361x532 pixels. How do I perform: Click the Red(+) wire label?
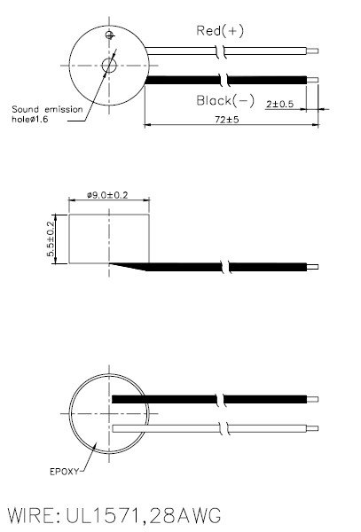click(219, 31)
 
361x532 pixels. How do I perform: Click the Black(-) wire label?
click(225, 101)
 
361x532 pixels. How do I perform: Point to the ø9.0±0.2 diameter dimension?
click(110, 195)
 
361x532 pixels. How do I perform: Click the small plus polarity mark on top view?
click(109, 35)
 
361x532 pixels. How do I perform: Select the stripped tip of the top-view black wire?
click(313, 81)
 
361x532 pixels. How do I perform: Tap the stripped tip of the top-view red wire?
click(313, 51)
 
